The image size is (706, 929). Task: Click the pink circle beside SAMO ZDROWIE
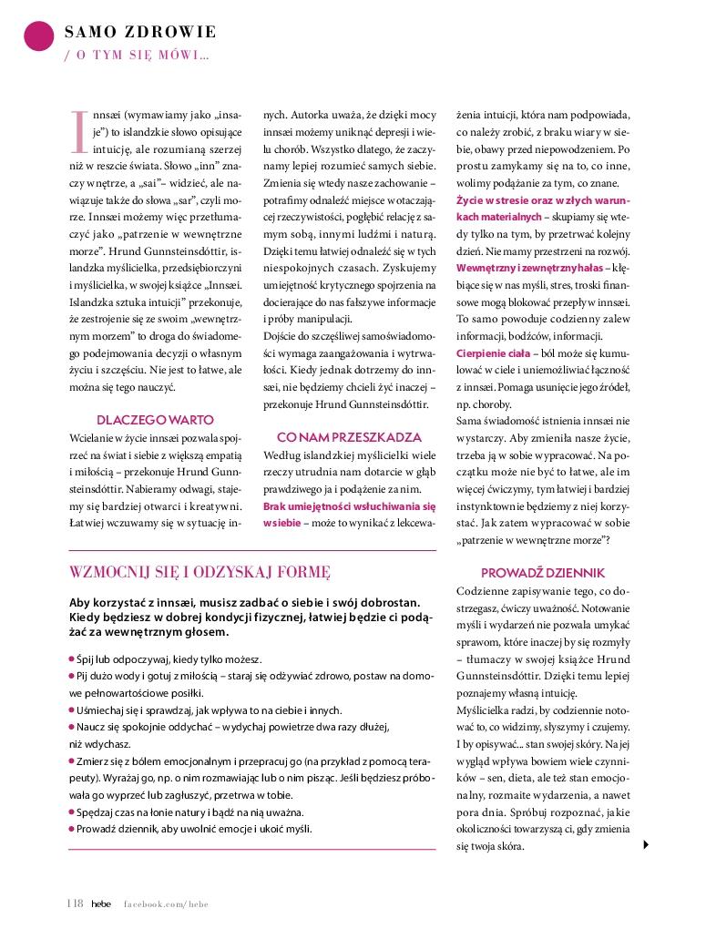click(38, 35)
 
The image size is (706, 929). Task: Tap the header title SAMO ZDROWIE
click(140, 33)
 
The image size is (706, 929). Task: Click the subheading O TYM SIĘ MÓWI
click(137, 56)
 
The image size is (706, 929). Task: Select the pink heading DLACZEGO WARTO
click(155, 420)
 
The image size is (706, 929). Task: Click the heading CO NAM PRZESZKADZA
click(349, 436)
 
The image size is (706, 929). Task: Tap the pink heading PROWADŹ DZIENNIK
click(542, 573)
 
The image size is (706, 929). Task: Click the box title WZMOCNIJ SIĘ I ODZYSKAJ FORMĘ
click(200, 573)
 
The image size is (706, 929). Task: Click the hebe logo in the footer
click(100, 903)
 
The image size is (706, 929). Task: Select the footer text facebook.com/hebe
click(166, 903)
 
